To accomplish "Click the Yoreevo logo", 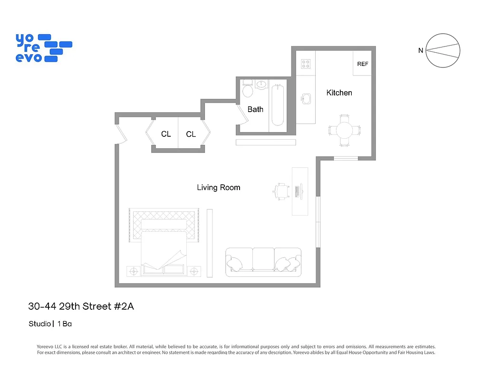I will [x=43, y=47].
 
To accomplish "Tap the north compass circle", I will [x=443, y=50].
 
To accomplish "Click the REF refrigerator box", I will [x=362, y=64].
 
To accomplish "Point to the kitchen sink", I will [x=306, y=99].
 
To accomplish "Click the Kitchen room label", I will [x=339, y=93].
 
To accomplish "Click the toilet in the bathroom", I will [x=248, y=89].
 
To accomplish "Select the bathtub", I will [x=278, y=105].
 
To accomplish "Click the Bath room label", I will [x=255, y=109].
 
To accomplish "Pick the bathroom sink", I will [x=261, y=85].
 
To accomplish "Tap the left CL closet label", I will [x=166, y=134].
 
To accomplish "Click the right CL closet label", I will [x=191, y=134].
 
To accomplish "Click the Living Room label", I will [x=219, y=188].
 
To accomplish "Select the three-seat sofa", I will [x=263, y=262].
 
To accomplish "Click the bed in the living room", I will [x=163, y=247].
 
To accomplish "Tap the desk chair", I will [x=282, y=191].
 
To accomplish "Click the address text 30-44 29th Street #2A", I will [x=81, y=306].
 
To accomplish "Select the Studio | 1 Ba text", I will [x=50, y=324].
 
